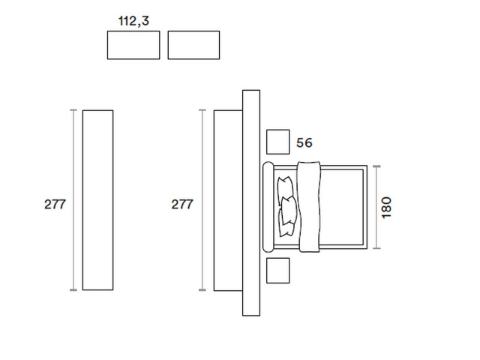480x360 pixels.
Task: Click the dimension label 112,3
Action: [x=133, y=21]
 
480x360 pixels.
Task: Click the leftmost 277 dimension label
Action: [x=55, y=204]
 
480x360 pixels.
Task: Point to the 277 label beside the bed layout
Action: [x=182, y=204]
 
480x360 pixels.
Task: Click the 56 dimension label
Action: [x=304, y=142]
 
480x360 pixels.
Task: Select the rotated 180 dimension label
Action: [x=386, y=208]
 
